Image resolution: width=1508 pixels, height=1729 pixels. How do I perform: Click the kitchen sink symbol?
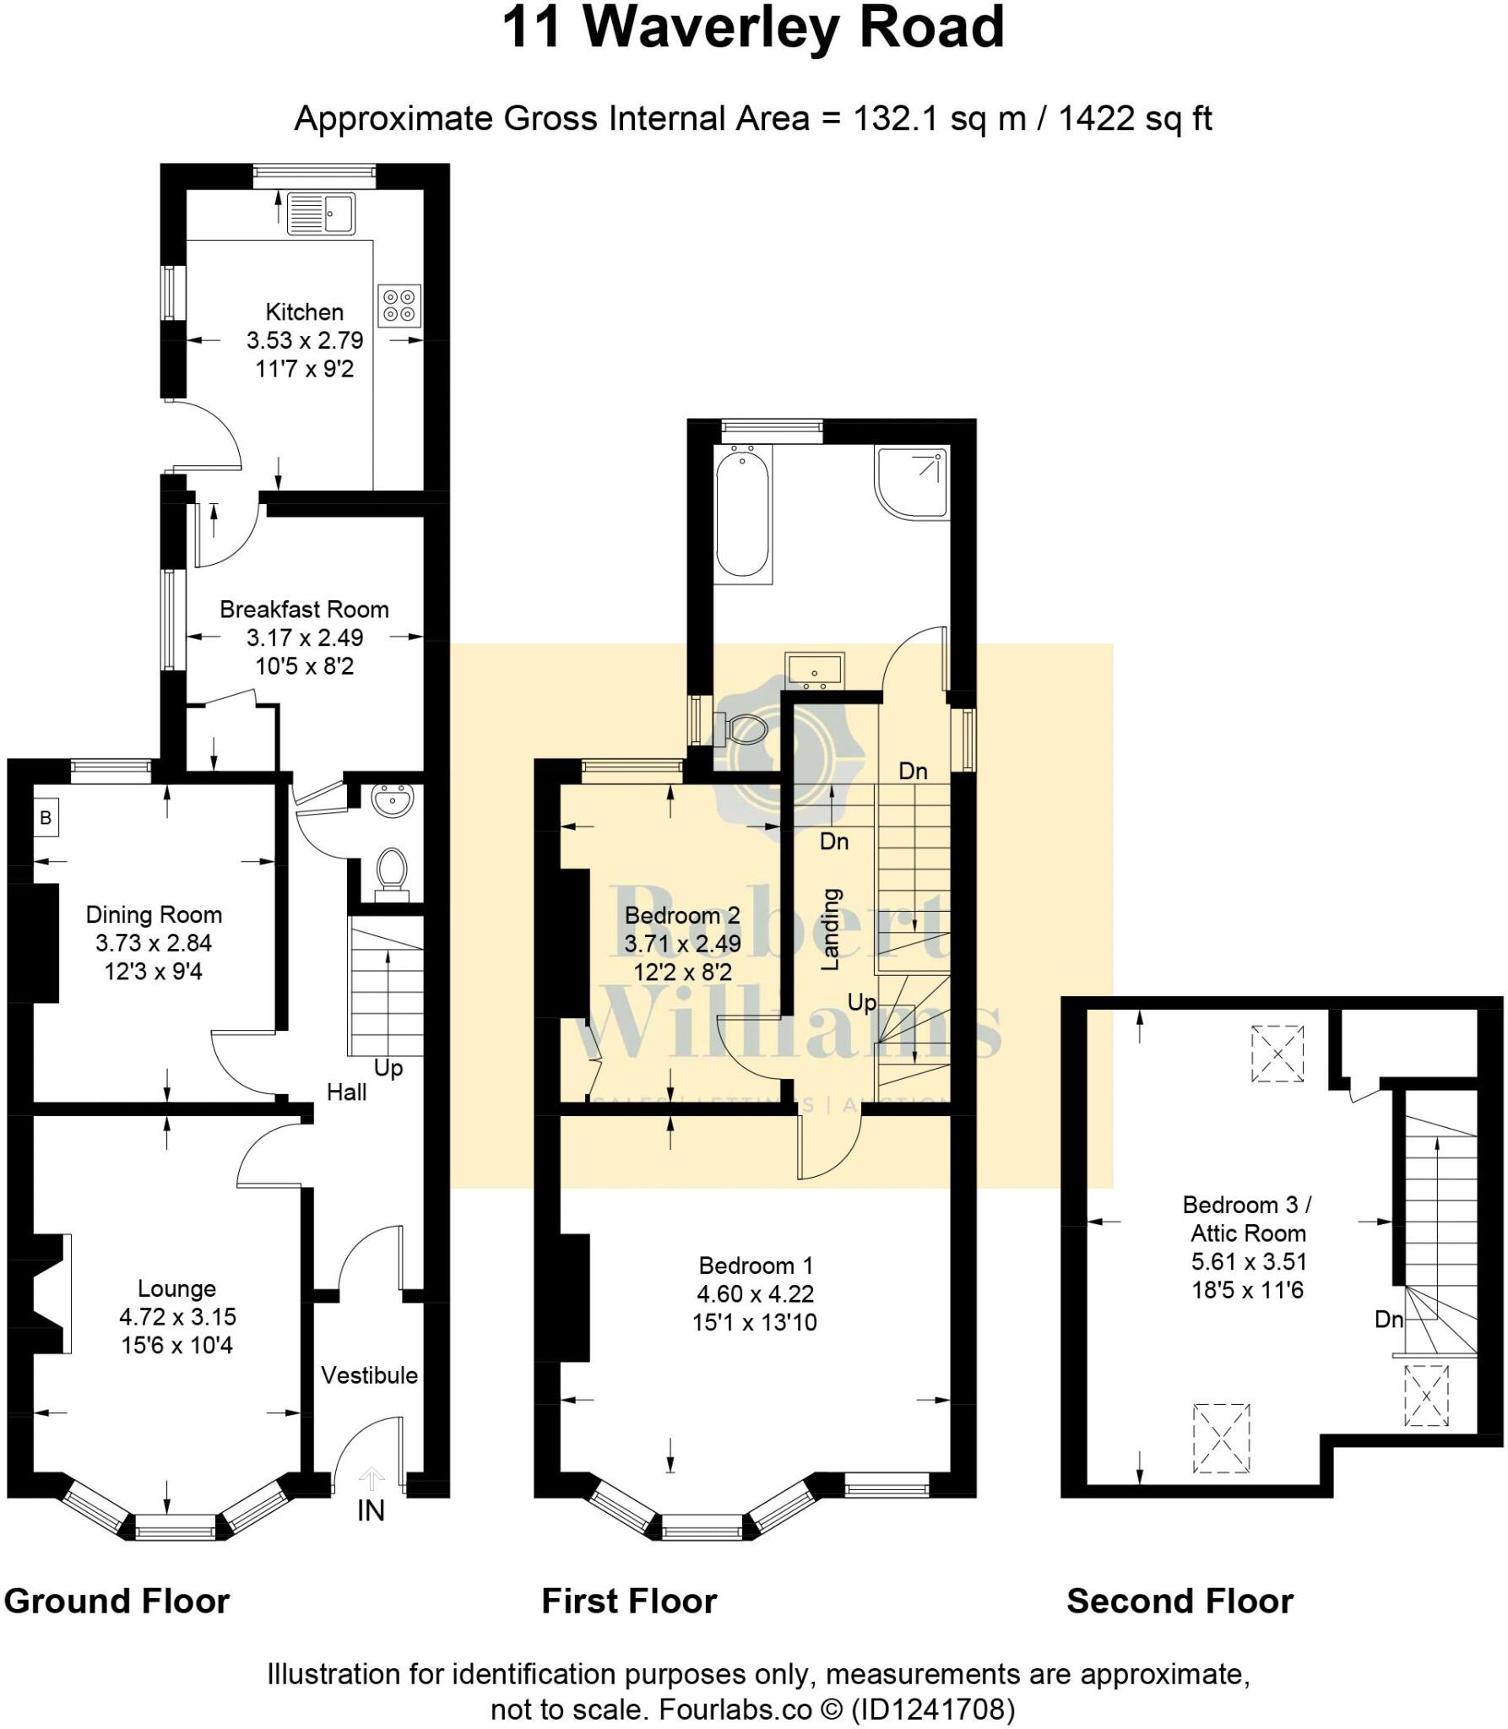click(321, 214)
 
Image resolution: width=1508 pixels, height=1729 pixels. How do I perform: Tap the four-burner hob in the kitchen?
click(399, 306)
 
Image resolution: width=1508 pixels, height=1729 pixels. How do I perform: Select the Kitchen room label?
click(304, 312)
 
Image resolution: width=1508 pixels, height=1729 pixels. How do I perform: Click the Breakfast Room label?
click(304, 610)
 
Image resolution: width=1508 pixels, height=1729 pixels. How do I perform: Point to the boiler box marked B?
click(46, 817)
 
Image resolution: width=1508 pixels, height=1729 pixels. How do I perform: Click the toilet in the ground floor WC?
click(390, 870)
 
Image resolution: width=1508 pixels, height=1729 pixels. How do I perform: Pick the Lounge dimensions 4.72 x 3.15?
click(177, 1316)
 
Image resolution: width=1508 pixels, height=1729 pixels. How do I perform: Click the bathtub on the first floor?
click(742, 514)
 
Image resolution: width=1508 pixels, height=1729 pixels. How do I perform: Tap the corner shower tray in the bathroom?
click(912, 481)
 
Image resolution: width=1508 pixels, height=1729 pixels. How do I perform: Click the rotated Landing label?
click(832, 929)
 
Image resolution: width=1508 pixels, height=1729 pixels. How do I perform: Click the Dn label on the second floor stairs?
click(1389, 1320)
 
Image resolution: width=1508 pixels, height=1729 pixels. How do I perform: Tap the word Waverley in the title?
click(709, 27)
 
